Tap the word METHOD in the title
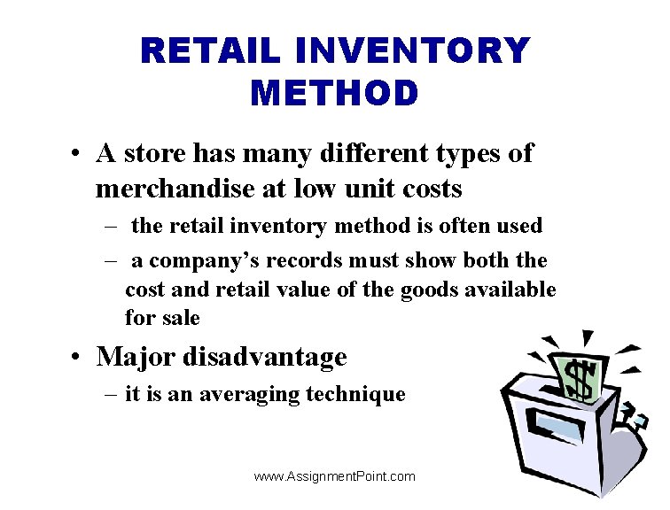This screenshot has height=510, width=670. [334, 93]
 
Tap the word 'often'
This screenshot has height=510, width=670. [465, 226]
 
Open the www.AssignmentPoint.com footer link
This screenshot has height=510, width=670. [334, 476]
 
